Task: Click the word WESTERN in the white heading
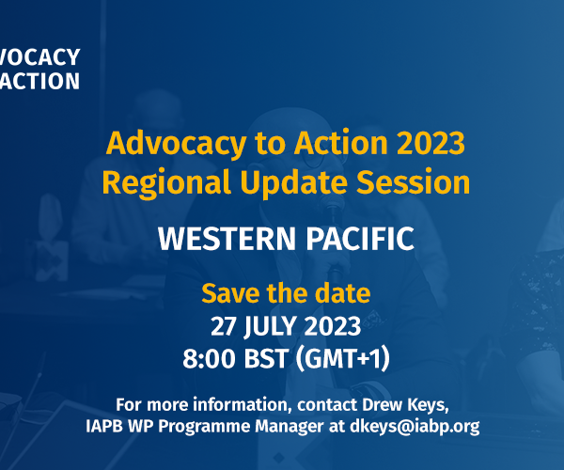pos(227,239)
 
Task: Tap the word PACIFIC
pos(360,239)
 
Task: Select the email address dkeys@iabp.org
pos(415,427)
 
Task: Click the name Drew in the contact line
pos(383,405)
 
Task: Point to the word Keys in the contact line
pos(428,405)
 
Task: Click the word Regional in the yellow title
pos(166,183)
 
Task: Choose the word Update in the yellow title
pos(294,183)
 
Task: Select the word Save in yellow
pos(230,293)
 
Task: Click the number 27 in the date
pos(223,326)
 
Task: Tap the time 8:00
pos(210,358)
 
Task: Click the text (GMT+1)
pos(343,358)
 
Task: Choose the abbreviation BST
pos(266,358)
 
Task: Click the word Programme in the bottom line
pos(204,427)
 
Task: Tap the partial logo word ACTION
pos(39,81)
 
